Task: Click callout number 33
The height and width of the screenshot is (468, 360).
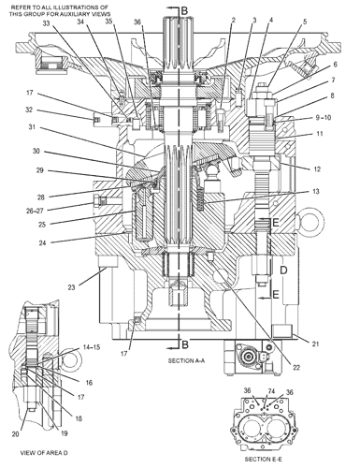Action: point(46,23)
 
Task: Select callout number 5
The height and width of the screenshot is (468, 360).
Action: point(305,22)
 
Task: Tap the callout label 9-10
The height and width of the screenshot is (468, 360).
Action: point(323,118)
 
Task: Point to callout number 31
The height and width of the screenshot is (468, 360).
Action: point(32,127)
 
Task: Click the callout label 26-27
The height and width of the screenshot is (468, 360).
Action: point(35,211)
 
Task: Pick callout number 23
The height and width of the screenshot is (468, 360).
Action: point(71,287)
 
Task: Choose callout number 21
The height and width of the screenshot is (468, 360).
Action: point(316,344)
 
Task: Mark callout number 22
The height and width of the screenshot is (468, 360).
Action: point(296,367)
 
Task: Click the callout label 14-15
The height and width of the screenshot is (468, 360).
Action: point(92,347)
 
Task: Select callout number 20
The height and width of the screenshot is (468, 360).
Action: point(16,434)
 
